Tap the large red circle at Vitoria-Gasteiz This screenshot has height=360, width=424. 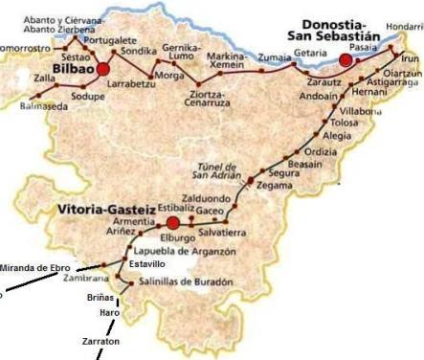(x=172, y=221)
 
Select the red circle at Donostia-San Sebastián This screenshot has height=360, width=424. (x=346, y=60)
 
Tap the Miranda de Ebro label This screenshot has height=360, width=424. (x=35, y=267)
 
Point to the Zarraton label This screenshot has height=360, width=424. (x=100, y=341)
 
